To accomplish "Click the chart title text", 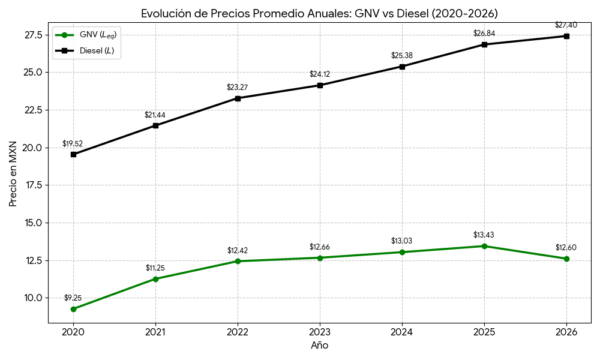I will [x=319, y=13].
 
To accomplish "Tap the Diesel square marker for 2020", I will [x=73, y=154].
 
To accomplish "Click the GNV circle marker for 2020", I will [x=73, y=309].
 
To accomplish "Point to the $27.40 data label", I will [x=566, y=25].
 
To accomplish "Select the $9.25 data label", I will [x=73, y=298].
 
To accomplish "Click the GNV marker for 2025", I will [x=484, y=246].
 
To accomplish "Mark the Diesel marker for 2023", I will [x=320, y=85].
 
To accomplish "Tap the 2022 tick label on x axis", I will [x=238, y=332].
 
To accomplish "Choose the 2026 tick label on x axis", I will [x=566, y=332].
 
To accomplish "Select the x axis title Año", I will [x=319, y=346].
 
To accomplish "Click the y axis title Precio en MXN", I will [x=13, y=173].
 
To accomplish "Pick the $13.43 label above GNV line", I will [x=484, y=235].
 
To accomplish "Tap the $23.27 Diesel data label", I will [x=237, y=88].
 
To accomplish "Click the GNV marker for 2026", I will [x=566, y=259].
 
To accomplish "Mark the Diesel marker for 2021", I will [x=155, y=125].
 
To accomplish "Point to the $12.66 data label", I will [x=320, y=247].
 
